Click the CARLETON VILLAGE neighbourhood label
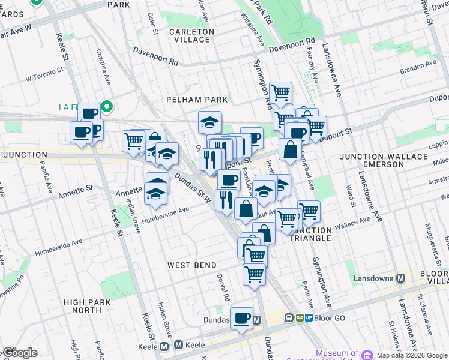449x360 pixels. (191, 35)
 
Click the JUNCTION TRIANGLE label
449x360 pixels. (310, 234)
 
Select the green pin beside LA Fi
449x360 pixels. (107, 107)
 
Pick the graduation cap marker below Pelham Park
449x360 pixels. (209, 122)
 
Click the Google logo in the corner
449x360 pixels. (19, 353)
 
